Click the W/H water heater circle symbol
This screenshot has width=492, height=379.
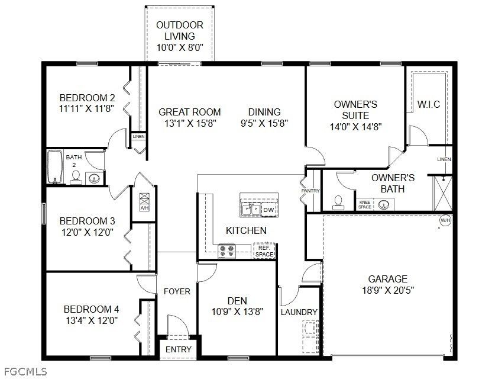point(445,221)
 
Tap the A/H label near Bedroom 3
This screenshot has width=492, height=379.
point(144,208)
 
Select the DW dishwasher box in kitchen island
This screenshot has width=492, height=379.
point(268,210)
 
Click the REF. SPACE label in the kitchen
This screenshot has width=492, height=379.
point(264,252)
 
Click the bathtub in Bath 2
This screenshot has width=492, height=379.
point(54,168)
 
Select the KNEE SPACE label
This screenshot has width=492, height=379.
point(365,204)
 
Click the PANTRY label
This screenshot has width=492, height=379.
point(310,191)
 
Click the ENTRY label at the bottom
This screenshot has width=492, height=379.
point(178,349)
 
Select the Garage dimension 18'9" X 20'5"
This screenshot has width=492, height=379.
point(387,290)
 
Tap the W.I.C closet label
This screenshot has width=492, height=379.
point(428,105)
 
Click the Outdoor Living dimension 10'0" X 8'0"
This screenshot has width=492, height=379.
point(180,47)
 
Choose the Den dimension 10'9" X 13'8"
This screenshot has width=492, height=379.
point(237,311)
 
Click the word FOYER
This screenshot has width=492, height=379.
point(177,291)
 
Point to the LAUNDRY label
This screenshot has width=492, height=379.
point(299,312)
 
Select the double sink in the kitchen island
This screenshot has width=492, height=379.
point(251,209)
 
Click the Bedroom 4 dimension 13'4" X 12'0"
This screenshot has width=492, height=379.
point(91,320)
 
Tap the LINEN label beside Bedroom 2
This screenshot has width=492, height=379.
point(138,137)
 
